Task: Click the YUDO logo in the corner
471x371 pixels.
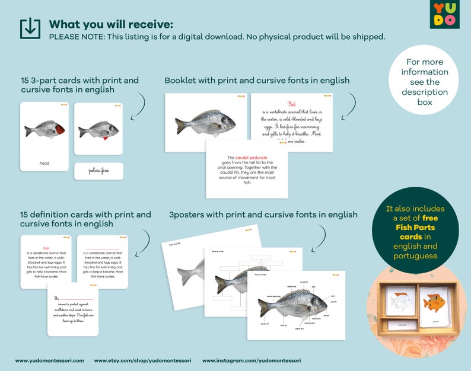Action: pos(444,14)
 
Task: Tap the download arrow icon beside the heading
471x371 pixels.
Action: pos(30,28)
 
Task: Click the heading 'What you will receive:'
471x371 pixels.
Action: pos(111,24)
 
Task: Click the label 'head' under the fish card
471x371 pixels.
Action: pos(44,163)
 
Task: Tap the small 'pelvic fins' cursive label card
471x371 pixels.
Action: pos(98,171)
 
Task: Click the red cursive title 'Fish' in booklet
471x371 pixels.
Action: pos(291,103)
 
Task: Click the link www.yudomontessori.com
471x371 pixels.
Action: pos(50,360)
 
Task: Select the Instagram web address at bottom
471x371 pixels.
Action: pos(251,360)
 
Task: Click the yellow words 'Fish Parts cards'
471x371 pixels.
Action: pos(415,231)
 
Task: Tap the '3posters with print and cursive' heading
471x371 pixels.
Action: pos(263,215)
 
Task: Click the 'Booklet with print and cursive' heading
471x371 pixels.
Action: pos(257,80)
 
